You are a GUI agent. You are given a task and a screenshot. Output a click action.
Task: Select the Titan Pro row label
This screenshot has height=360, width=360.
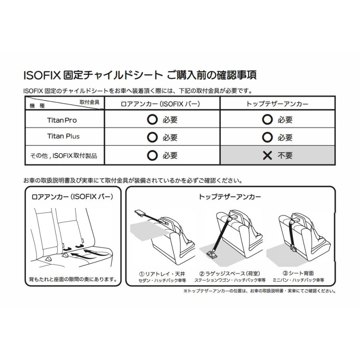click(x=62, y=120)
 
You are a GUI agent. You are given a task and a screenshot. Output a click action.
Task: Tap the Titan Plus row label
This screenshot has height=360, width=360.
click(x=63, y=136)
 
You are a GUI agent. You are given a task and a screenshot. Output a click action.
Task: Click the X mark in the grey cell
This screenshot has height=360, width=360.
click(x=268, y=156)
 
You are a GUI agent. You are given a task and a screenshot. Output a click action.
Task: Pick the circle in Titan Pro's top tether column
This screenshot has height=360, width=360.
click(x=267, y=119)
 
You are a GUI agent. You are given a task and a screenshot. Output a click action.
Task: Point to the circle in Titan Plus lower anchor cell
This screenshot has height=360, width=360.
click(x=152, y=137)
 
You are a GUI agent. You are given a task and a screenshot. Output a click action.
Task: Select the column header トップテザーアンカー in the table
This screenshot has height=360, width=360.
click(x=277, y=104)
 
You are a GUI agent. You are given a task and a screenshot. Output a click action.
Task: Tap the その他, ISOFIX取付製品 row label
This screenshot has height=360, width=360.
click(x=64, y=156)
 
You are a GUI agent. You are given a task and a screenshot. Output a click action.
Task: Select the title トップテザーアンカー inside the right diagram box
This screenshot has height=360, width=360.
click(x=230, y=197)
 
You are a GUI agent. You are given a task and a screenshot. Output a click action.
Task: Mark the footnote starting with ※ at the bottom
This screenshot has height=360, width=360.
click(x=259, y=291)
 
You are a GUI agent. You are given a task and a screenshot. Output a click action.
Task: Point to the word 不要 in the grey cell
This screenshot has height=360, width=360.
click(x=285, y=156)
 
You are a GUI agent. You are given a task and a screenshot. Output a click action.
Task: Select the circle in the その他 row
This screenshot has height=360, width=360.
click(x=152, y=156)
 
